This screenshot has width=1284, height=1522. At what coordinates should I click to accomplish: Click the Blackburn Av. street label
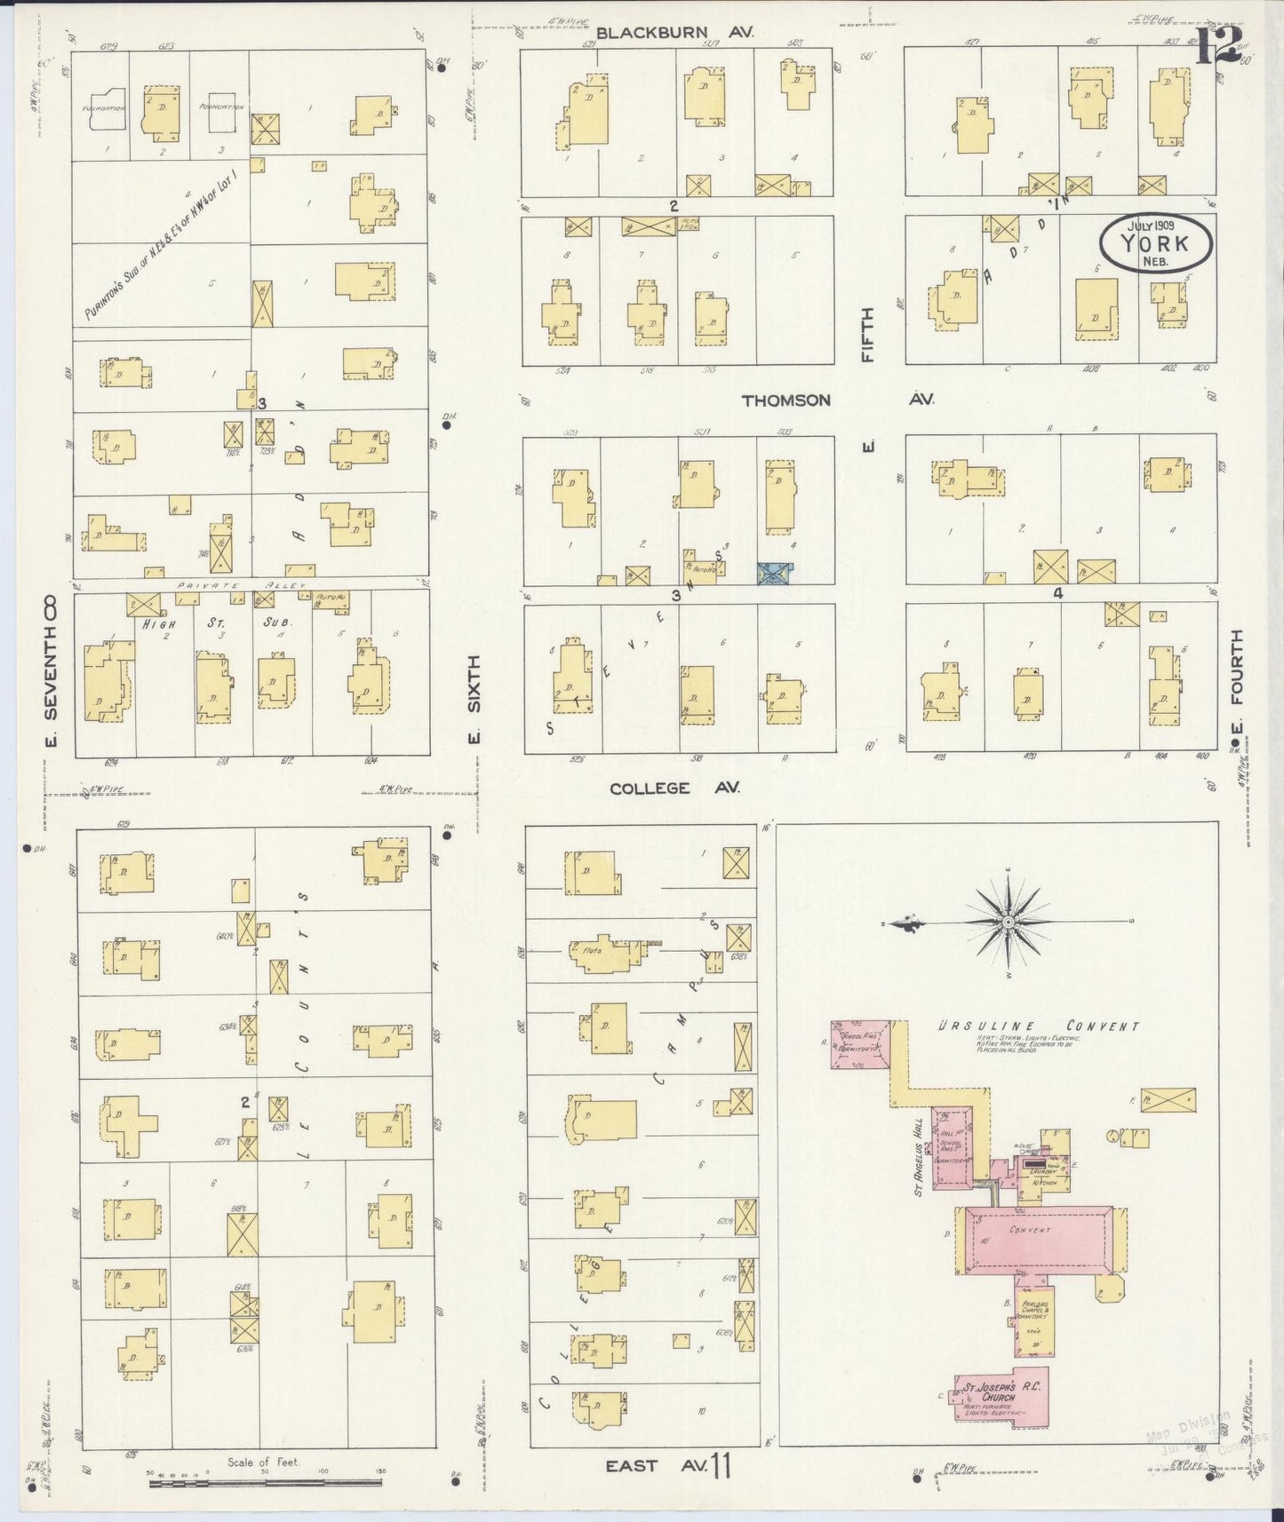pos(674,33)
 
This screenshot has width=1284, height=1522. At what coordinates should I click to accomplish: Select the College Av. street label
pos(674,788)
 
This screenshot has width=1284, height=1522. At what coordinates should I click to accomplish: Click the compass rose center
pos(1009,923)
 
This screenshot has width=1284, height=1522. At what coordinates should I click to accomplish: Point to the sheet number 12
pos(1217,45)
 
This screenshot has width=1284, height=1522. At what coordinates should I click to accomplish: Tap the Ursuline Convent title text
pos(1039,1027)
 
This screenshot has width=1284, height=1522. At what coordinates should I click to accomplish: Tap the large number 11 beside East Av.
pos(719,1466)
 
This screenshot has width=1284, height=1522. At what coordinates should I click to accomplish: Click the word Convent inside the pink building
pos(1030,1230)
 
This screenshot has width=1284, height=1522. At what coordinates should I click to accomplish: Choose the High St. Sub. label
pos(219,622)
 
